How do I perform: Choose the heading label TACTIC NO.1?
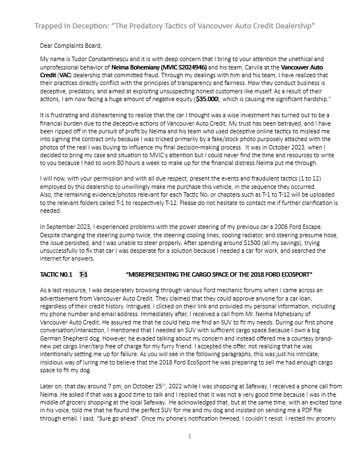[x=56, y=274]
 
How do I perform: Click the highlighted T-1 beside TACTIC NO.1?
[x=83, y=274]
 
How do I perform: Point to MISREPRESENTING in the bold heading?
[x=157, y=274]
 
